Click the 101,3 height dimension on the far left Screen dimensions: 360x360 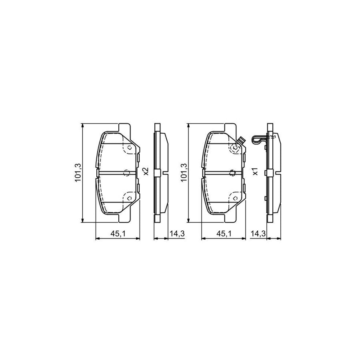tap(78, 173)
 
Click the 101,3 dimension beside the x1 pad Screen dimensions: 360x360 tap(184, 173)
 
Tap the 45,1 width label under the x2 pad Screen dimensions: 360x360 tap(118, 234)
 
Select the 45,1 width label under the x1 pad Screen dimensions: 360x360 tap(224, 234)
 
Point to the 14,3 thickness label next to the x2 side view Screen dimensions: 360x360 tap(177, 234)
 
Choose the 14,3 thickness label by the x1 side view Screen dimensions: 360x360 tap(258, 234)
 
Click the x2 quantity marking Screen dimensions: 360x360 tap(146, 171)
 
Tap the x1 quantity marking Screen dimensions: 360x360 tap(255, 171)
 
